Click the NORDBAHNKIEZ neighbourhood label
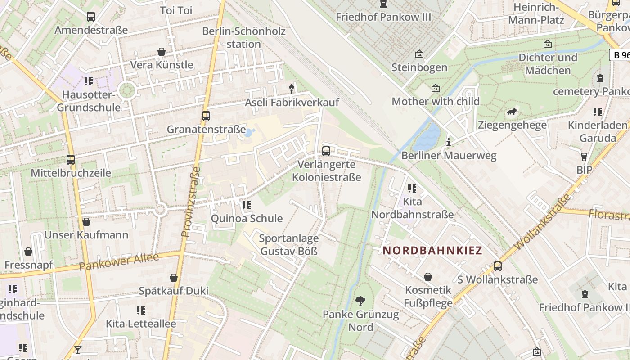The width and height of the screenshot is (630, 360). click(x=432, y=251)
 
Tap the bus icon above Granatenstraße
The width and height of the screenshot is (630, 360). click(x=206, y=116)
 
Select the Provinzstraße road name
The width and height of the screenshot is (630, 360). click(x=191, y=202)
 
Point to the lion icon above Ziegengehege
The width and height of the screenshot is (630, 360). click(x=512, y=112)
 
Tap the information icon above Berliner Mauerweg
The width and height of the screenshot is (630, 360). click(x=448, y=143)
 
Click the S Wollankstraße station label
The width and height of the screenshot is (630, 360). click(x=497, y=279)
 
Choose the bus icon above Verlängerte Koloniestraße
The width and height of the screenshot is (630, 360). click(x=326, y=151)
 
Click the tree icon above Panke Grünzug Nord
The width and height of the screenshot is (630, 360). click(x=360, y=301)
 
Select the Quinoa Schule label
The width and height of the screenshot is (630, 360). click(x=247, y=219)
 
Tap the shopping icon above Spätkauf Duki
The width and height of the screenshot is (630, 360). click(x=174, y=278)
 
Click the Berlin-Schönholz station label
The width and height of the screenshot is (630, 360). click(x=244, y=38)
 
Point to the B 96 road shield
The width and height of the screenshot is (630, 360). click(x=620, y=55)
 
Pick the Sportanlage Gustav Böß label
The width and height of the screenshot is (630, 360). click(x=289, y=245)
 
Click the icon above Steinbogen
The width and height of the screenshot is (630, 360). click(x=419, y=54)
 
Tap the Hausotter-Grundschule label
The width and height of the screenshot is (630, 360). click(x=89, y=101)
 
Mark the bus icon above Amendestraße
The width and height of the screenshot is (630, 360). click(x=91, y=17)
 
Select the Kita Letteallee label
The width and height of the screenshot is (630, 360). click(x=141, y=324)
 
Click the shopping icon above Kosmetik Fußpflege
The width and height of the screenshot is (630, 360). click(x=428, y=277)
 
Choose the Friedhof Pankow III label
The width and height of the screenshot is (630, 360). click(x=383, y=17)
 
